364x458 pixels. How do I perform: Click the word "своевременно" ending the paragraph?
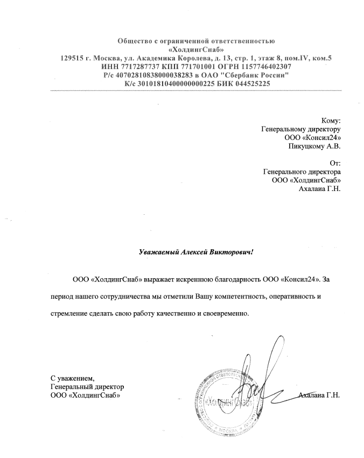(x=227, y=314)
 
